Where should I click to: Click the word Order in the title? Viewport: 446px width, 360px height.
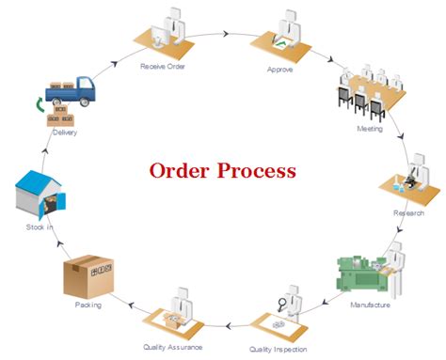181,171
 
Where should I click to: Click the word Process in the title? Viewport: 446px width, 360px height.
257,171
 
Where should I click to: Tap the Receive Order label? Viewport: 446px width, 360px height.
165,67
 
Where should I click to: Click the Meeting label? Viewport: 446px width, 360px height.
369,128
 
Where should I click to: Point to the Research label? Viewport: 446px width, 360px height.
408,213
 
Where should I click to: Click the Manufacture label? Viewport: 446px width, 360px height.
370,305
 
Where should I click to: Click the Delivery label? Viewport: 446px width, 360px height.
64,133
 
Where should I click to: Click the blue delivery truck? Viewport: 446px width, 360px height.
75,90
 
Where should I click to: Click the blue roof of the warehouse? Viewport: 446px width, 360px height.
33,180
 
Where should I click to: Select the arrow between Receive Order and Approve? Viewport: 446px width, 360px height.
226,34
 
